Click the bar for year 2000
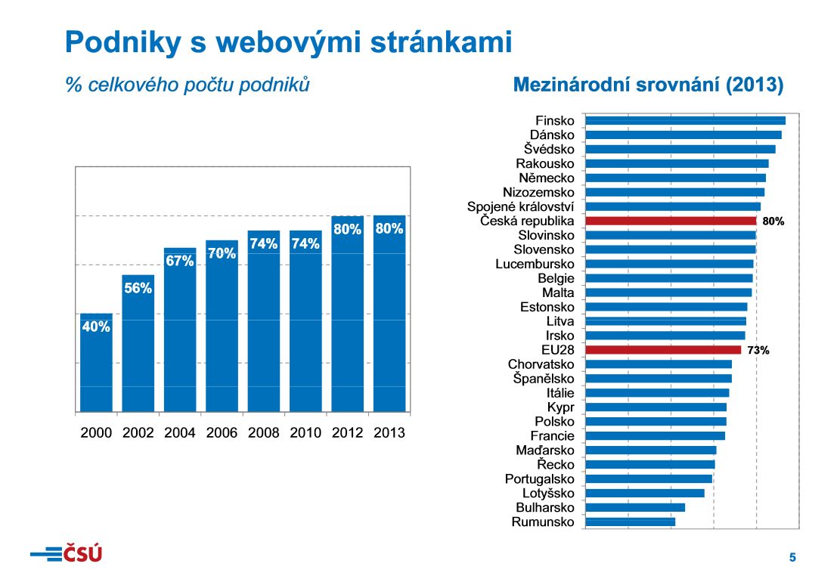(96, 363)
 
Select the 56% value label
(138, 288)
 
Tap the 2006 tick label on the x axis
(222, 433)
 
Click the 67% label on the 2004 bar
(180, 261)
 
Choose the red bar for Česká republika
(671, 221)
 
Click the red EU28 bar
(663, 350)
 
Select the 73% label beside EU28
(758, 350)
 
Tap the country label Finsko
(554, 121)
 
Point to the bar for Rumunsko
(630, 522)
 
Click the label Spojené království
(520, 206)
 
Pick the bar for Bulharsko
(635, 507)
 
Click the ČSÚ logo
(67, 554)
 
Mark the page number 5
(792, 558)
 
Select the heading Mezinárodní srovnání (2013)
(648, 85)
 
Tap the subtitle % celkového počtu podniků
(188, 85)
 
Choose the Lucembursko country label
(535, 264)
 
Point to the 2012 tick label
(347, 433)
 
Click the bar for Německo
(675, 178)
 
